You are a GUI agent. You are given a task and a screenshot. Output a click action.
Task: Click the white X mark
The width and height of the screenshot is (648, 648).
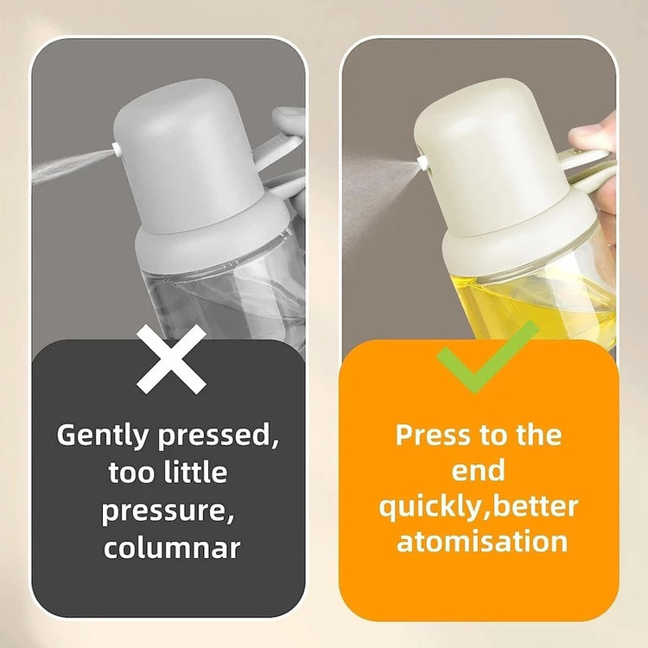tap(171, 359)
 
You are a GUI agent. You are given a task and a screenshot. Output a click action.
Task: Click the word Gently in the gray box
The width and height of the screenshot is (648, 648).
tap(102, 435)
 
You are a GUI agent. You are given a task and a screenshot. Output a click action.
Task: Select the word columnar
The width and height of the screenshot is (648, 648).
tap(172, 548)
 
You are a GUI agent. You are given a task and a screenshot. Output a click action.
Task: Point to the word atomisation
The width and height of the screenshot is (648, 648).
tap(482, 541)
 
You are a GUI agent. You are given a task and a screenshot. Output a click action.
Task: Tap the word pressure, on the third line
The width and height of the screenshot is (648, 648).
tap(168, 512)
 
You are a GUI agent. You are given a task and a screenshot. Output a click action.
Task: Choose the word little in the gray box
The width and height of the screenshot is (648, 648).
tap(196, 472)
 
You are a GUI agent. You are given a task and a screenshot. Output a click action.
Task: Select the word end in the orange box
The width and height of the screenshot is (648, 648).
tap(478, 470)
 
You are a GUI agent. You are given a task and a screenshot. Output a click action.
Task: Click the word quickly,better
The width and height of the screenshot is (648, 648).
tap(479, 506)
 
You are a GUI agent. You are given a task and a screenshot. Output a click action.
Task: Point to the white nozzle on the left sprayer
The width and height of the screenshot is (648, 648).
tap(117, 149)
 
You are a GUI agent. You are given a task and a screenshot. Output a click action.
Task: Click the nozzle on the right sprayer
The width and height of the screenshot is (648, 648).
tap(422, 162)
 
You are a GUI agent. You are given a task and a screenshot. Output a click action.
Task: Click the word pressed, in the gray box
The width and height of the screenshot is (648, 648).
tap(219, 436)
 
